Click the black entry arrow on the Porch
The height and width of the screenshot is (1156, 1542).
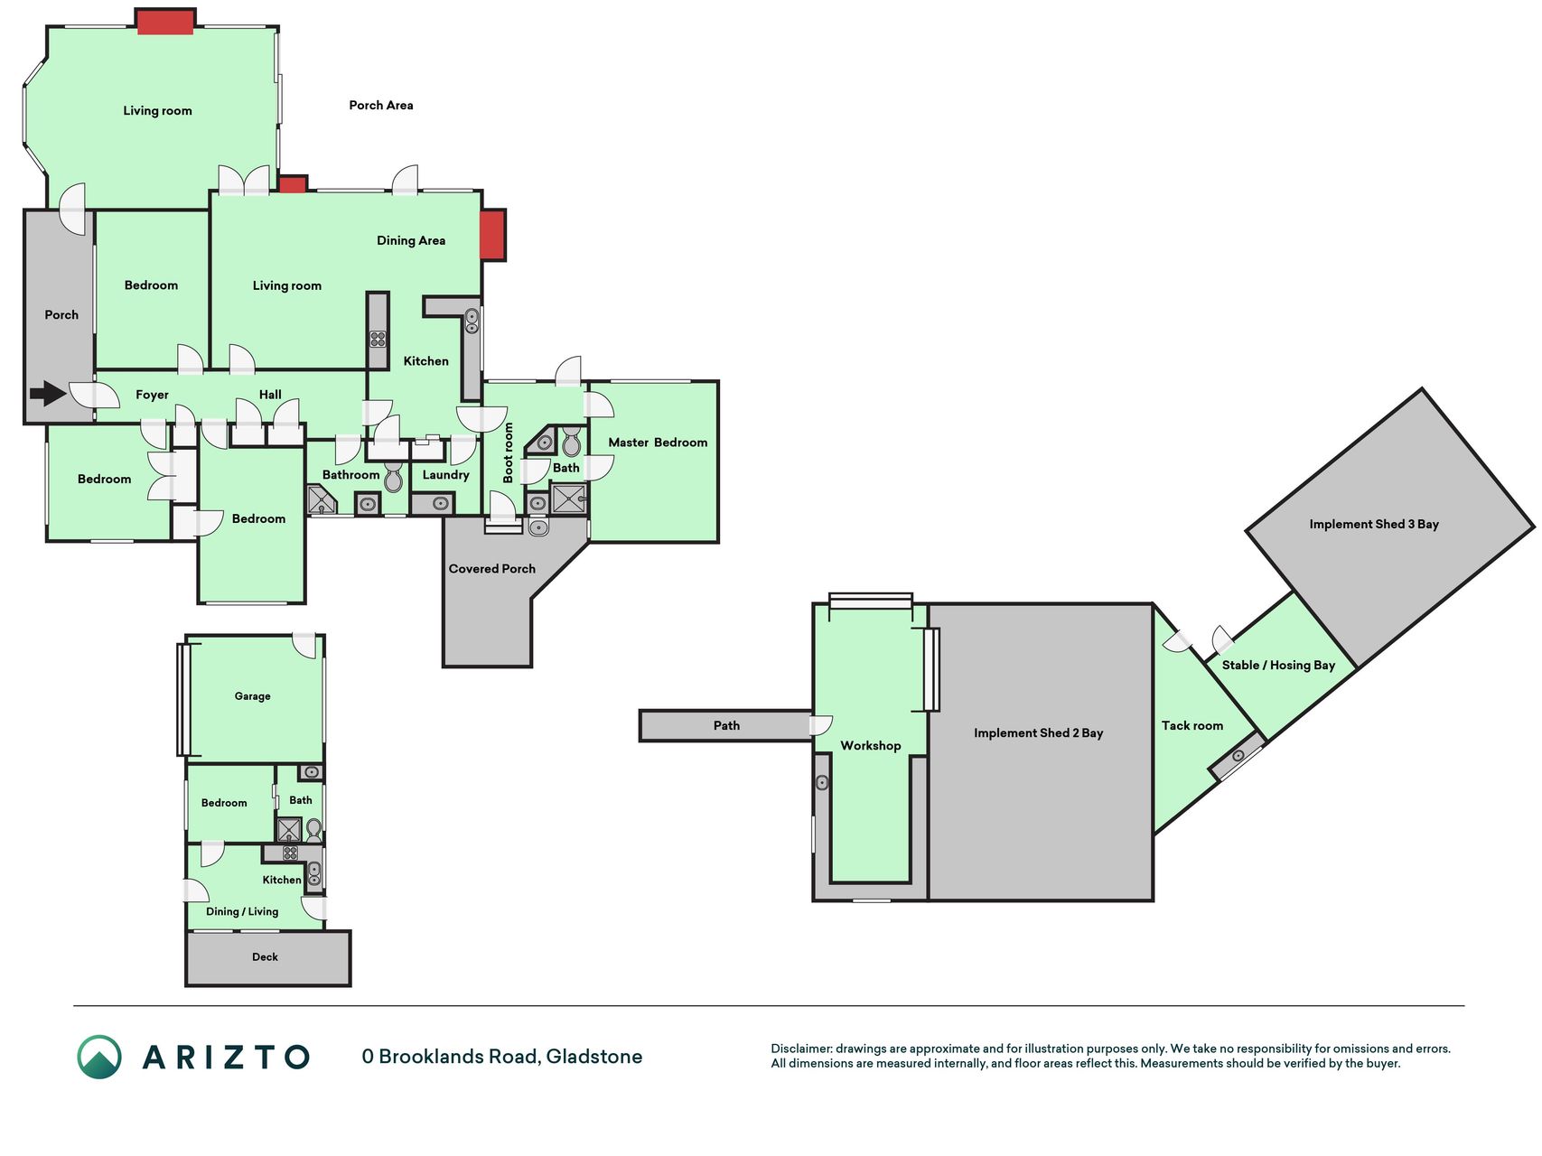(48, 393)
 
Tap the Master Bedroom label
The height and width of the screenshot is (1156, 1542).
(658, 443)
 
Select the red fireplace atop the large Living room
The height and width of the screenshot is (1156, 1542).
(165, 22)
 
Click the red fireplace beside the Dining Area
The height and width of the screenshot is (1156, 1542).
(492, 235)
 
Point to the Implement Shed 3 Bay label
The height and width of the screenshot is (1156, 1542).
(1374, 524)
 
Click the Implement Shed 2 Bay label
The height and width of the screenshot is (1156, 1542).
(1039, 733)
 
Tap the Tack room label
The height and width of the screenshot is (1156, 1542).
(1192, 725)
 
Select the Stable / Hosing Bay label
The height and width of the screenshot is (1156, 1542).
(1278, 666)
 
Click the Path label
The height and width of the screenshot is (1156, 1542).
(726, 725)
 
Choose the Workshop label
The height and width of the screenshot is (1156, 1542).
(871, 746)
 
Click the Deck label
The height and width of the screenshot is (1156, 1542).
(265, 957)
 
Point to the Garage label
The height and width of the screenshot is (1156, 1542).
(252, 696)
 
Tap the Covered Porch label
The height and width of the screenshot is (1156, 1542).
(492, 569)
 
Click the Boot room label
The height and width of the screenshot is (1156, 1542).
(508, 452)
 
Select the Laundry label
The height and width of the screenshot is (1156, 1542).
(446, 475)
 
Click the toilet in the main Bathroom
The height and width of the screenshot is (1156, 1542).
(393, 478)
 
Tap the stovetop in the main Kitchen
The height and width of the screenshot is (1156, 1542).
(378, 339)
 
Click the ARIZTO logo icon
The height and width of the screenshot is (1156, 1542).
(99, 1057)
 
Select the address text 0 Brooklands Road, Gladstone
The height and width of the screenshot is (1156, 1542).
(502, 1057)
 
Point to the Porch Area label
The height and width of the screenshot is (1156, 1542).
(381, 106)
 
